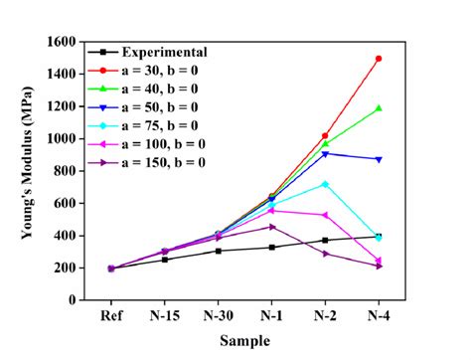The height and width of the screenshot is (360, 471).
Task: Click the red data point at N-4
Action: (x=379, y=59)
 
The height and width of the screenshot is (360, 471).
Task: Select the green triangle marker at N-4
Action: (x=379, y=107)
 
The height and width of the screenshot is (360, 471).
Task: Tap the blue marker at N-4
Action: (x=379, y=159)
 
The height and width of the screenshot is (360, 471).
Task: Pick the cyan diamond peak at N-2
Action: (x=325, y=184)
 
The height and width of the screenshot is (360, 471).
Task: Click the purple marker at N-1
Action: (x=271, y=227)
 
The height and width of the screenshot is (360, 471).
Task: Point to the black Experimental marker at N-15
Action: (x=165, y=260)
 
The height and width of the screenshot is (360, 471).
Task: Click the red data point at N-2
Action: (x=325, y=135)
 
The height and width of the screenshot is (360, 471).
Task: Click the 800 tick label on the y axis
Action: (x=66, y=171)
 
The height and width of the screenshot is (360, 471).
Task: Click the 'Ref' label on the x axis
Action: (x=111, y=317)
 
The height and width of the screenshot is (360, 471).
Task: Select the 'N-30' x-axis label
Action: (x=218, y=317)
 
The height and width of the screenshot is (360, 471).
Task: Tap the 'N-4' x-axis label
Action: (x=379, y=317)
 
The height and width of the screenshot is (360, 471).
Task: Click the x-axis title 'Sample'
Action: (x=245, y=340)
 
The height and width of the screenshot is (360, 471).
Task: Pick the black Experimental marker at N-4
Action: (x=379, y=236)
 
